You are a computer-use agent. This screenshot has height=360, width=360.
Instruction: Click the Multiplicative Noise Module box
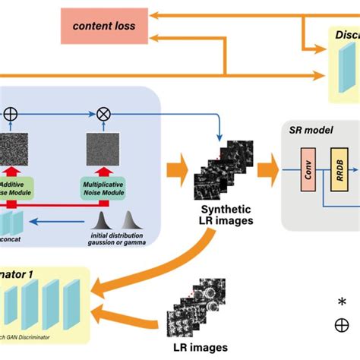coord(103,188)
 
